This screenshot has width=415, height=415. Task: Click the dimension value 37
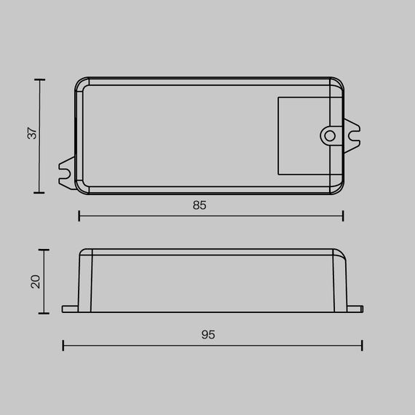tap(31, 135)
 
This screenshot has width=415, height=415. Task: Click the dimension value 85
tap(199, 205)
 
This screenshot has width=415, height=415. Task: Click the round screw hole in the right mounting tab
tap(330, 135)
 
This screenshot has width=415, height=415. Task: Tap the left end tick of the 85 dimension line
tap(78, 216)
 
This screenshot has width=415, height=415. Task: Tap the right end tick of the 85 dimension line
tap(343, 216)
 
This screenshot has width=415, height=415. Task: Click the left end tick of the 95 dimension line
tap(63, 345)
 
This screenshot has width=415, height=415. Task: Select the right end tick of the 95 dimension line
tap(362, 345)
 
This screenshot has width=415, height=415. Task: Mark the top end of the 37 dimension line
tap(39, 79)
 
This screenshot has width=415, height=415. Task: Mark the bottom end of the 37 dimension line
tap(39, 193)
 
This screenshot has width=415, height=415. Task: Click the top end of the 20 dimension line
tap(45, 250)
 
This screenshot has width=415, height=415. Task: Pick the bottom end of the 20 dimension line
tap(45, 312)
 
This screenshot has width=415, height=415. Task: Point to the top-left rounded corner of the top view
tap(80, 82)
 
